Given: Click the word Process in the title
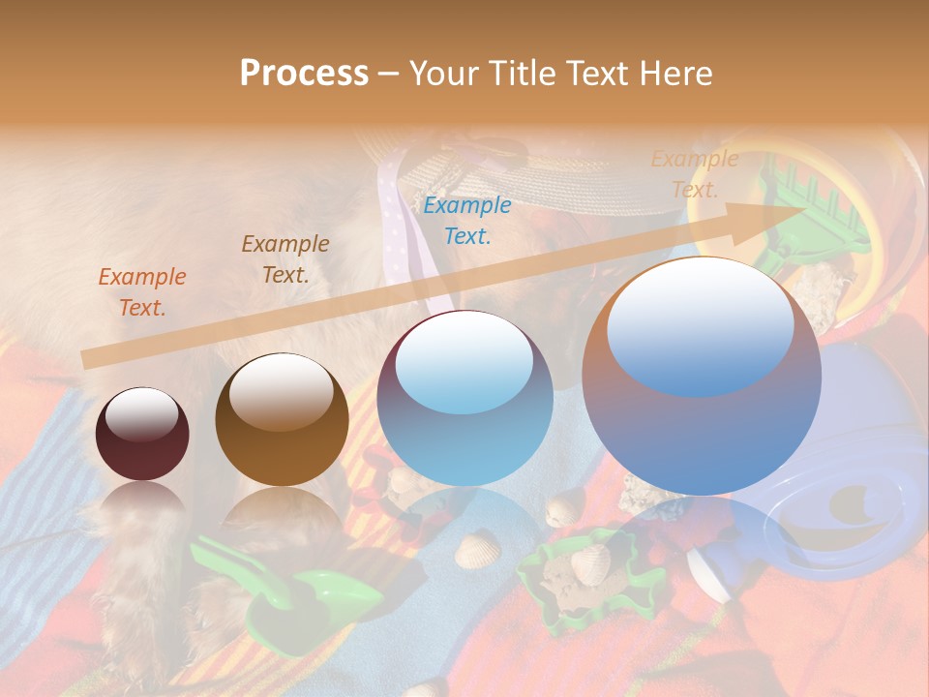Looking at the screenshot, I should click(304, 74).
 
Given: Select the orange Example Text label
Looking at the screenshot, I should click(142, 292).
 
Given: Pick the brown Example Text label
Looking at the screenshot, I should click(285, 259).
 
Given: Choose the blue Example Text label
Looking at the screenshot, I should click(467, 220).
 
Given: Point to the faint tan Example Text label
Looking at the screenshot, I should click(695, 174).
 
